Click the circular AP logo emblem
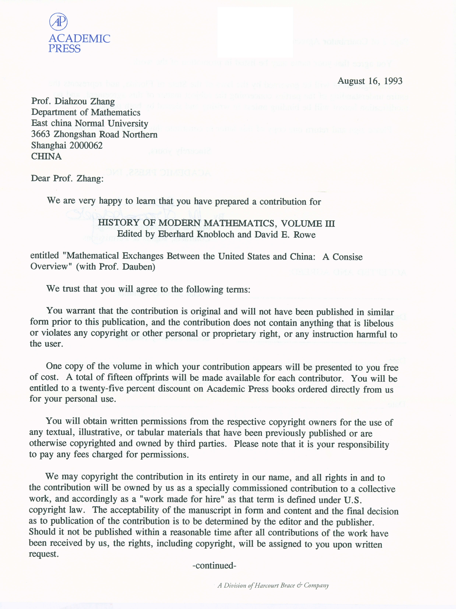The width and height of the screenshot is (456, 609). pos(58,22)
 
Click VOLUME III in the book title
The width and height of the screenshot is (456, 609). pos(308,223)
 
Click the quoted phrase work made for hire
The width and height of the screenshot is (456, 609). pos(185,499)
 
